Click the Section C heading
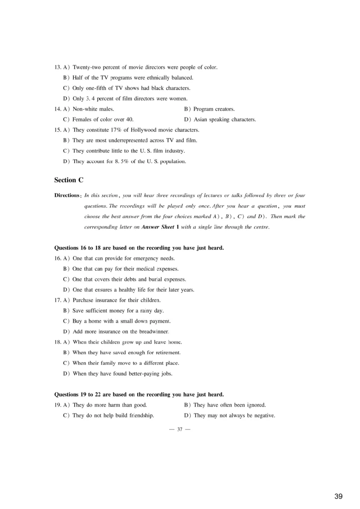[x=68, y=180]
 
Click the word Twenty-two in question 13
[x=86, y=67]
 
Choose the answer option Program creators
[x=214, y=109]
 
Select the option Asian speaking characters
[x=225, y=120]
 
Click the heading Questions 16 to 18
[x=139, y=248]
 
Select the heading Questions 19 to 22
[x=139, y=394]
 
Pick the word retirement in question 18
[x=166, y=353]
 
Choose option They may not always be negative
[x=234, y=415]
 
